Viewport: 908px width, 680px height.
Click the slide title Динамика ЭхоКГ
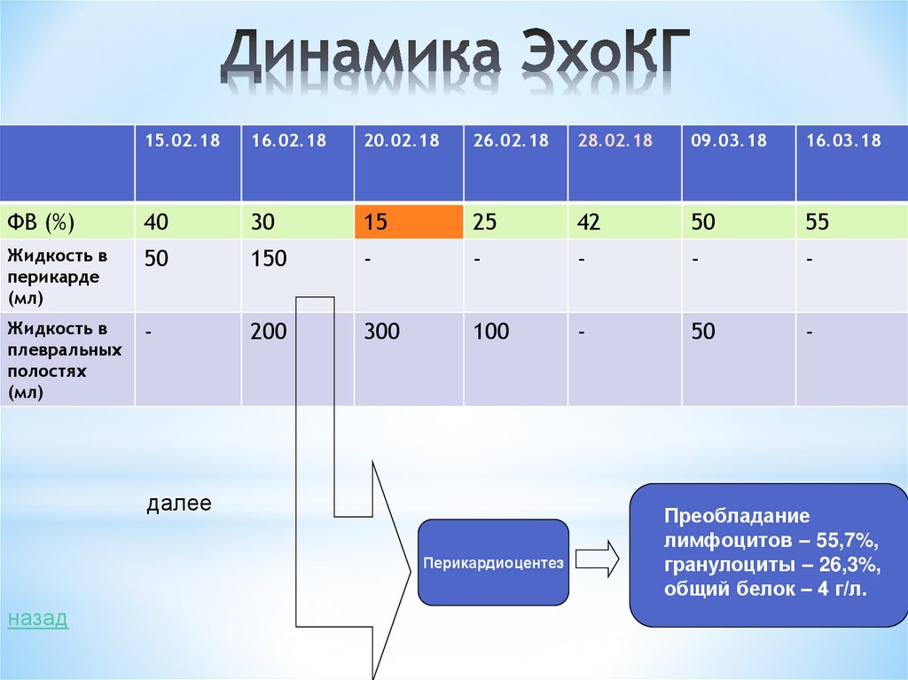[x=454, y=59]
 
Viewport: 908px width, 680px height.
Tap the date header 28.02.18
[x=615, y=141]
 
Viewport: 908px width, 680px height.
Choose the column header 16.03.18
[x=843, y=141]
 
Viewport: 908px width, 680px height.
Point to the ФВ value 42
[x=589, y=222]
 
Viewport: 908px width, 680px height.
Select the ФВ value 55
[x=818, y=222]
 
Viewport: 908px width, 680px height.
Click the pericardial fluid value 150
[x=269, y=259]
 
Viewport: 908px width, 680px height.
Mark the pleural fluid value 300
[x=381, y=332]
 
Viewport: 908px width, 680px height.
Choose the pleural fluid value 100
[x=491, y=332]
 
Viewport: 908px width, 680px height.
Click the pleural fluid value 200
[x=269, y=332]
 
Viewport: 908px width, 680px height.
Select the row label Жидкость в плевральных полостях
[x=64, y=360]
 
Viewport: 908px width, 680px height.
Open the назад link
[x=37, y=619]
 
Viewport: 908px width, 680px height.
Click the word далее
[x=179, y=504]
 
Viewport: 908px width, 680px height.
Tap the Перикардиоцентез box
[x=493, y=563]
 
